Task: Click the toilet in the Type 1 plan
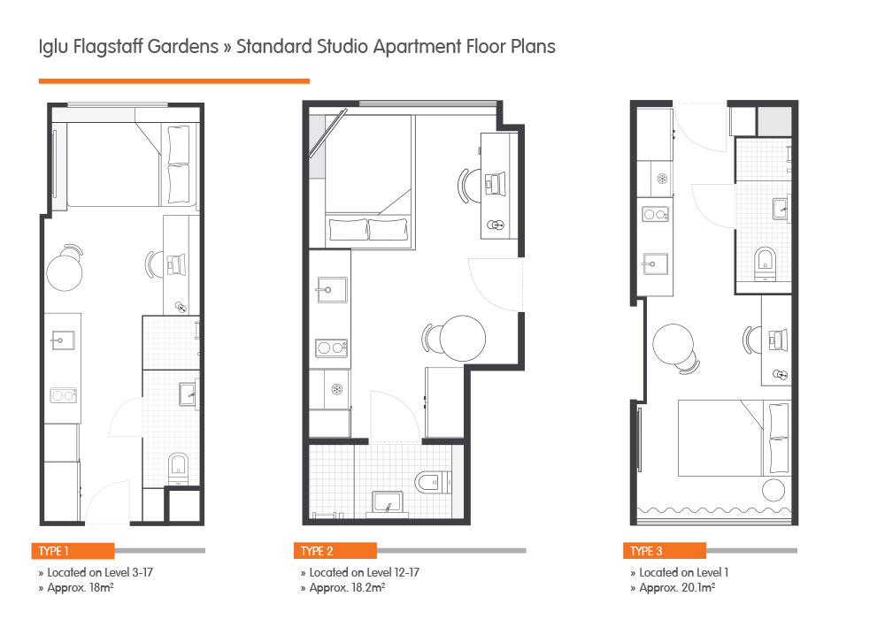pos(179,466)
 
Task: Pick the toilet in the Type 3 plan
pos(766,261)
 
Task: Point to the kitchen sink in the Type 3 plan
pos(657,262)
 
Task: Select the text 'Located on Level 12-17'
pos(364,572)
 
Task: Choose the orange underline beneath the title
pos(173,80)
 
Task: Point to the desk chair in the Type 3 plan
pos(752,338)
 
